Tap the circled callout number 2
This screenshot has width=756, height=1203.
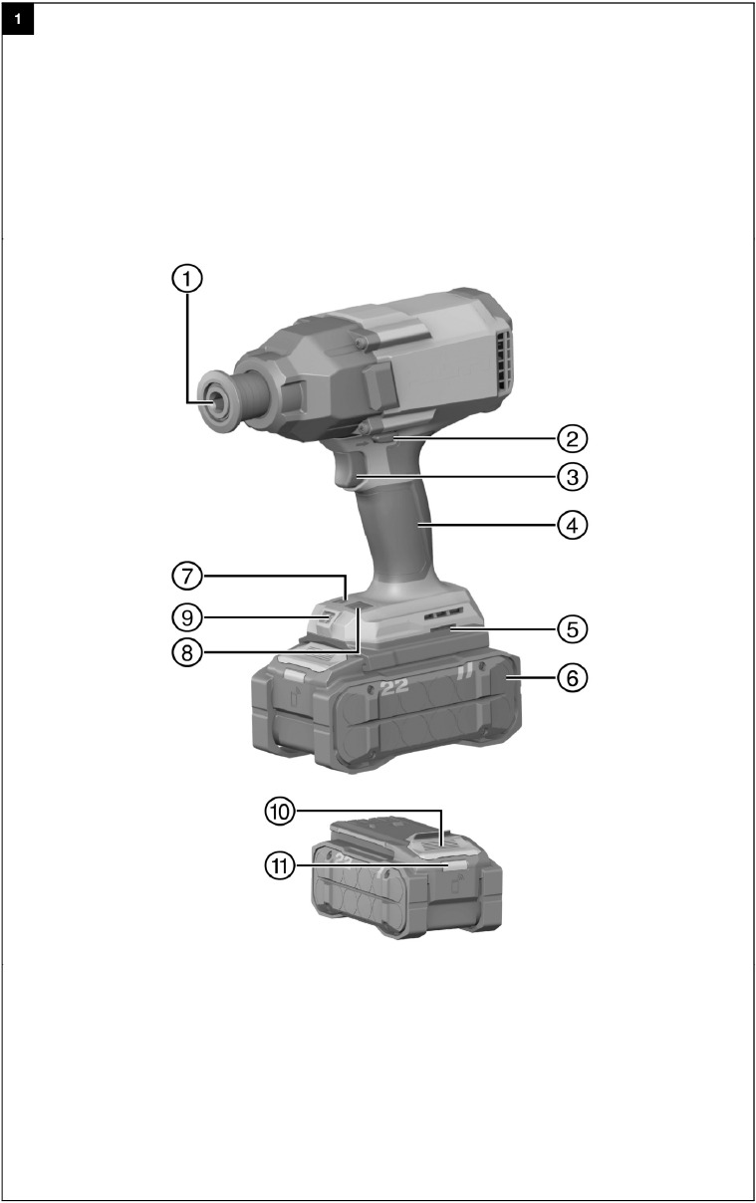[572, 438]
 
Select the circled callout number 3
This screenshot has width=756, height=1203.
[572, 477]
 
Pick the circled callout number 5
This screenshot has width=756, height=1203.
[572, 629]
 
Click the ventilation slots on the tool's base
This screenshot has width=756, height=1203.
[442, 615]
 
